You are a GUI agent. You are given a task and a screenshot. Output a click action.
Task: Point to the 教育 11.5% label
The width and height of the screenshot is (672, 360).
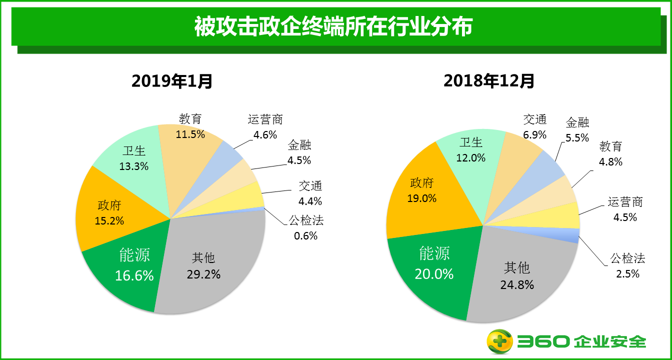[x=190, y=126]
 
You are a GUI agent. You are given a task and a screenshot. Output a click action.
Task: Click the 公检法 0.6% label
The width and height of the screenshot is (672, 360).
[x=306, y=227]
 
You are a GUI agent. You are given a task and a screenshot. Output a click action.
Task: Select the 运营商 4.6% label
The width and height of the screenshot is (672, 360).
[x=265, y=127]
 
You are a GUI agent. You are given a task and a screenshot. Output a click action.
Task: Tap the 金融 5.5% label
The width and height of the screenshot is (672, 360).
[x=577, y=129]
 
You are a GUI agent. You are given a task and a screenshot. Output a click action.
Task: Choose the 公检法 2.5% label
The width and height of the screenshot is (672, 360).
[x=627, y=265]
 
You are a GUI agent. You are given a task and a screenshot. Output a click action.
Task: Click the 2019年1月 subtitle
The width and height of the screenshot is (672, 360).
[x=172, y=80]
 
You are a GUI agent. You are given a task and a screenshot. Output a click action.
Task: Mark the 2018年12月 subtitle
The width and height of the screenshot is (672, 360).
[x=489, y=80]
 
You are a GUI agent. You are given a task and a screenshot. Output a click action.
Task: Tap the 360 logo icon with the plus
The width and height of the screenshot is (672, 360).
[x=500, y=341]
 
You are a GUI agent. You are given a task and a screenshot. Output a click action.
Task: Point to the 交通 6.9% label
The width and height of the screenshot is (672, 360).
[x=535, y=127]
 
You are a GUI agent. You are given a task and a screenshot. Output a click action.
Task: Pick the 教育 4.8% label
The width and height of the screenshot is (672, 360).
[x=611, y=154]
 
